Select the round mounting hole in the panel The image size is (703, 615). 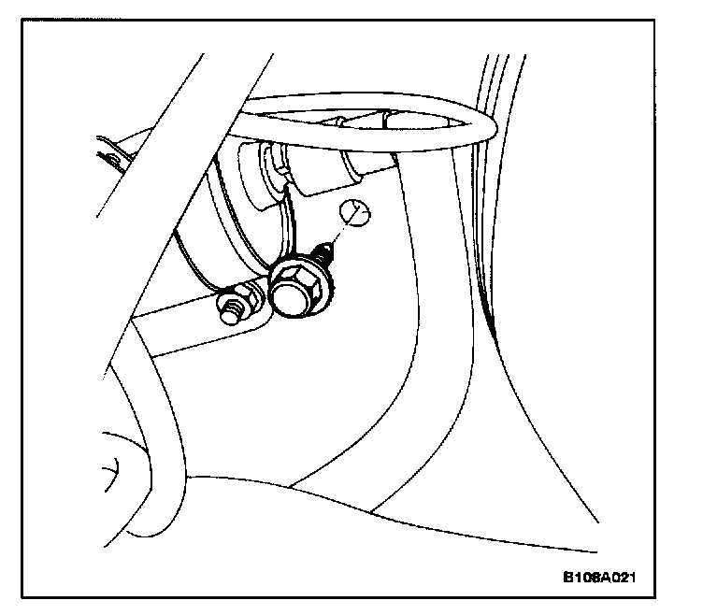click(x=354, y=214)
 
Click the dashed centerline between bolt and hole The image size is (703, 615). click(x=341, y=233)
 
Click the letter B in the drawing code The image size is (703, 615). click(x=568, y=577)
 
